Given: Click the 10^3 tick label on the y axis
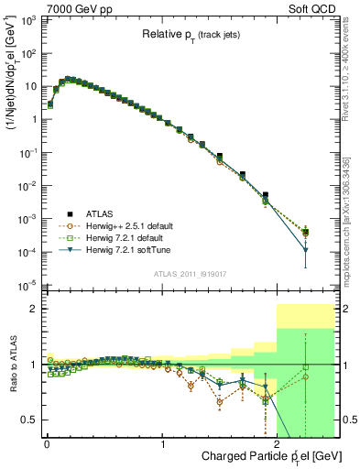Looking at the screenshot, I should [30, 20].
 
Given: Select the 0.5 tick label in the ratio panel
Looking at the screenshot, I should [32, 420].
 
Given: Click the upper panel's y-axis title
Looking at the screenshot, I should [13, 96].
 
